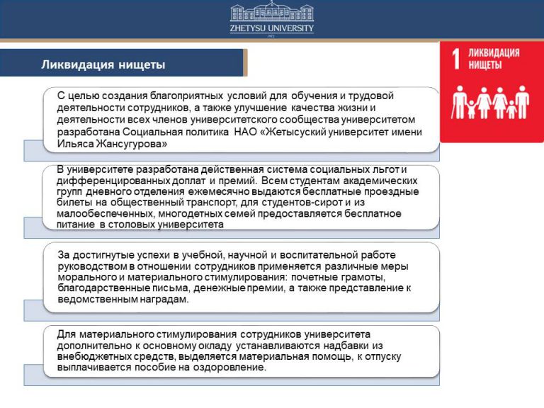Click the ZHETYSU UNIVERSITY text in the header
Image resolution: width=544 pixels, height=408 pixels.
coord(271,29)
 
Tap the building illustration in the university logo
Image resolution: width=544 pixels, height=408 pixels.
coord(271,13)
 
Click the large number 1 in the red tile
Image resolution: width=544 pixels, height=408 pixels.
coord(458,59)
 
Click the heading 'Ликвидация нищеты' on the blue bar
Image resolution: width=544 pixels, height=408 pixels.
coord(103,65)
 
